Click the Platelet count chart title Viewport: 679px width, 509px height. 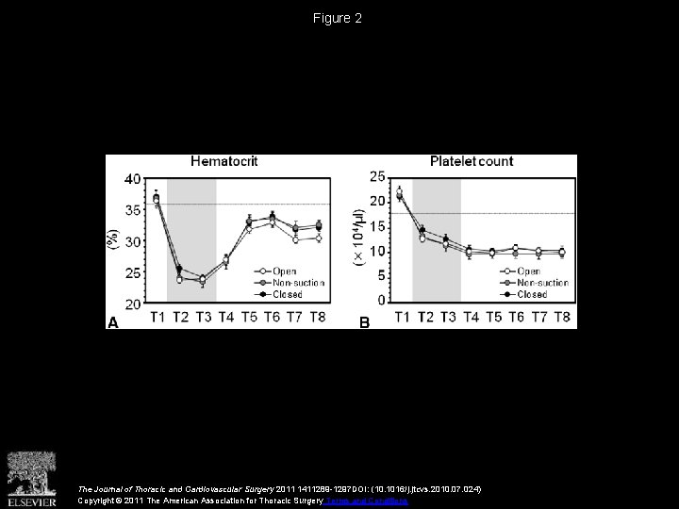point(472,161)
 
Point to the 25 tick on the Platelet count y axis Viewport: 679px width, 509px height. point(378,176)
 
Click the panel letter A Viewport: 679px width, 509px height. point(112,322)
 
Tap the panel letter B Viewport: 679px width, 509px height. point(364,322)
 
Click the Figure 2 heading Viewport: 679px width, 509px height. point(339,18)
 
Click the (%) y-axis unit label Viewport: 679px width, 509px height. point(115,241)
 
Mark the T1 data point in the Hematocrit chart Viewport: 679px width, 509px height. point(157,199)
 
